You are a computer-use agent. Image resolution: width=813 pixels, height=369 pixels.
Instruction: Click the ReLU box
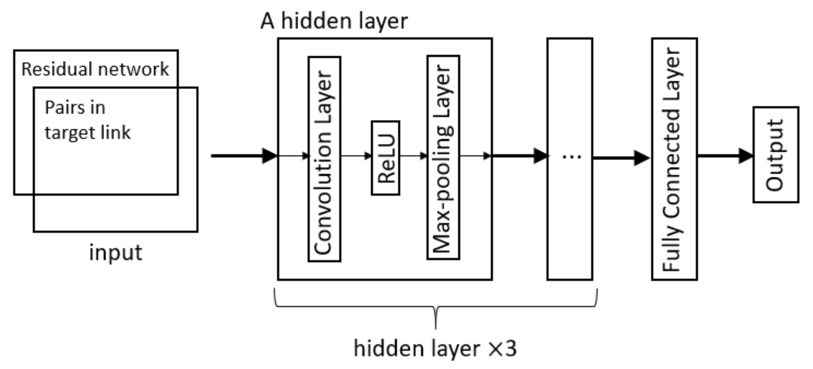click(385, 158)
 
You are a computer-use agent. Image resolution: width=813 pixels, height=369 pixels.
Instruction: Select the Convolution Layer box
click(324, 159)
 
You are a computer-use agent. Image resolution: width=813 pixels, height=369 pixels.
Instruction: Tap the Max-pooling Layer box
click(443, 157)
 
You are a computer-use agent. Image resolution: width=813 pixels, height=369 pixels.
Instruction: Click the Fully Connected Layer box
click(674, 159)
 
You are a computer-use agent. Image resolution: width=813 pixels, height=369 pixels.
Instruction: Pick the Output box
click(776, 155)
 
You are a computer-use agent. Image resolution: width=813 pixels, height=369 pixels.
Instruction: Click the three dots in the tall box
click(572, 157)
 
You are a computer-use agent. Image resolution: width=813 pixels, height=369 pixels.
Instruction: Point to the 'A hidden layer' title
click(334, 21)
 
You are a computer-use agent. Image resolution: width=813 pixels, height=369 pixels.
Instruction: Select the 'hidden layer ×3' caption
click(435, 348)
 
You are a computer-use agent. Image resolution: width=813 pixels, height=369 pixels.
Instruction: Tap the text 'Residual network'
click(95, 69)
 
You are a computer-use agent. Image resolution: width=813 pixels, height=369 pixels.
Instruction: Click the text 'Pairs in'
click(75, 107)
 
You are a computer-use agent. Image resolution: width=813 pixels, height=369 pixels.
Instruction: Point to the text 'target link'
click(87, 133)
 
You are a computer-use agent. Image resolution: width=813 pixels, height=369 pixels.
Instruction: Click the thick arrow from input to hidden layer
click(244, 156)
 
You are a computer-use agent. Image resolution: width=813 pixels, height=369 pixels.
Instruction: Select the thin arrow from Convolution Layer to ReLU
click(356, 156)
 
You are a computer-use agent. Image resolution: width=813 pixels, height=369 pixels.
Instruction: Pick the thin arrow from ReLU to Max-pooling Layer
click(413, 156)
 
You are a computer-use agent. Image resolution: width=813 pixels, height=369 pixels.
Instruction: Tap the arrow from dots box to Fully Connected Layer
click(621, 158)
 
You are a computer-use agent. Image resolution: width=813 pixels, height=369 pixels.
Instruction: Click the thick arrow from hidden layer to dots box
click(520, 156)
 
